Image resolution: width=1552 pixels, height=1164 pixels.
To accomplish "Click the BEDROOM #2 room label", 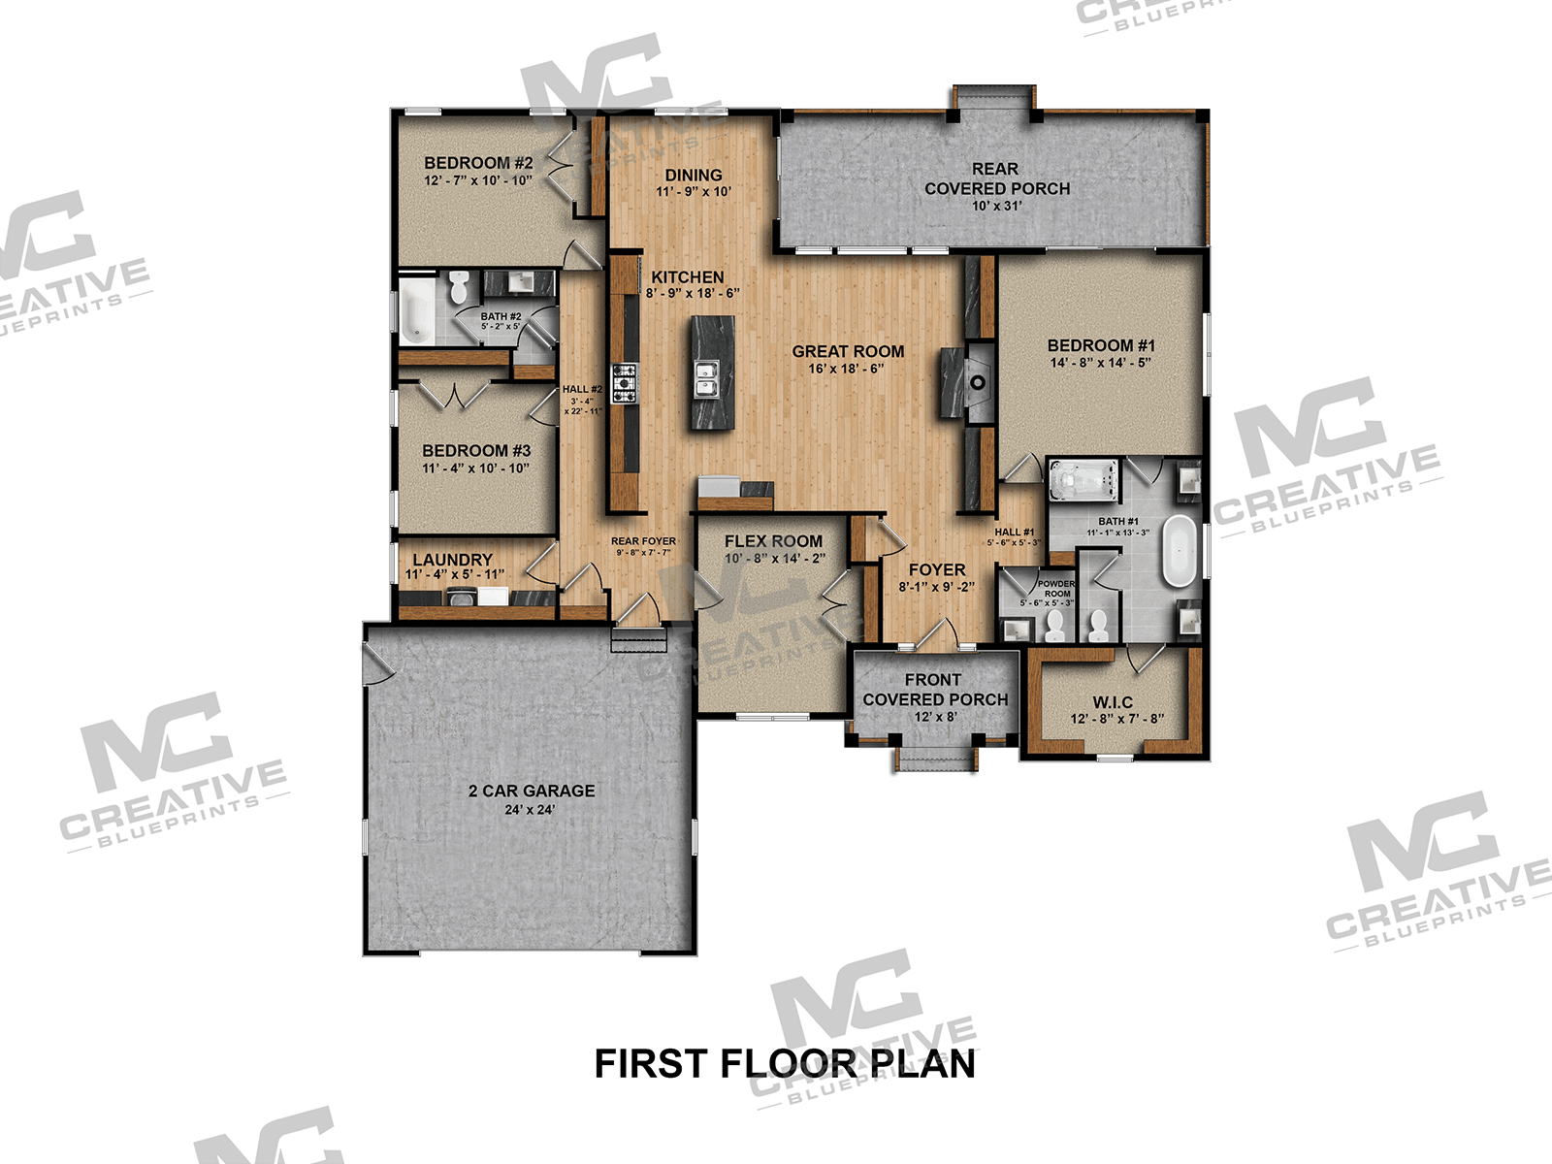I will [x=478, y=163].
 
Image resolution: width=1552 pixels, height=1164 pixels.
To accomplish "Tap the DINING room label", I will [x=694, y=176].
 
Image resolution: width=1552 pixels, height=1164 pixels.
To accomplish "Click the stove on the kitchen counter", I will [x=623, y=381].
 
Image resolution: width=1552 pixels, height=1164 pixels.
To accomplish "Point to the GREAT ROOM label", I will [x=848, y=351].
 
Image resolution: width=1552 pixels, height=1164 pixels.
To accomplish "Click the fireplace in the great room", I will [x=969, y=381].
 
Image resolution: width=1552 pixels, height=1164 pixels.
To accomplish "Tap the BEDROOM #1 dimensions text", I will [x=1100, y=363].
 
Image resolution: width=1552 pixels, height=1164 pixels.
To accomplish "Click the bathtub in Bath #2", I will [x=417, y=309].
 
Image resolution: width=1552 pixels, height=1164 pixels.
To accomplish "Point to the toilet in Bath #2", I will [x=459, y=287].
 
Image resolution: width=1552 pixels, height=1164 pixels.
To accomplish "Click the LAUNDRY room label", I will [x=452, y=560].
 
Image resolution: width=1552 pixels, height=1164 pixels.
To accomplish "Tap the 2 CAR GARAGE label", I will [x=532, y=791].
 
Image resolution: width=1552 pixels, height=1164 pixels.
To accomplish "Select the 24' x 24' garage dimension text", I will [x=530, y=810].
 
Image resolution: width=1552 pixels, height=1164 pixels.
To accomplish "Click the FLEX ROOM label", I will [x=773, y=540].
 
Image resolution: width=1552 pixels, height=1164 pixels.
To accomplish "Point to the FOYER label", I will [x=936, y=569].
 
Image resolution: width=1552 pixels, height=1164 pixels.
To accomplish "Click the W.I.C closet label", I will [x=1113, y=701].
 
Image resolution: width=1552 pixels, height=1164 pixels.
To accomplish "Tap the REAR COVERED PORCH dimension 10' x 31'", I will [x=996, y=206].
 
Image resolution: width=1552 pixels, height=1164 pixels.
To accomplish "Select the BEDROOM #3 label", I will [x=476, y=450].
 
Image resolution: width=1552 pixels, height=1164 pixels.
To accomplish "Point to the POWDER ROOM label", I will [x=1056, y=589].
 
